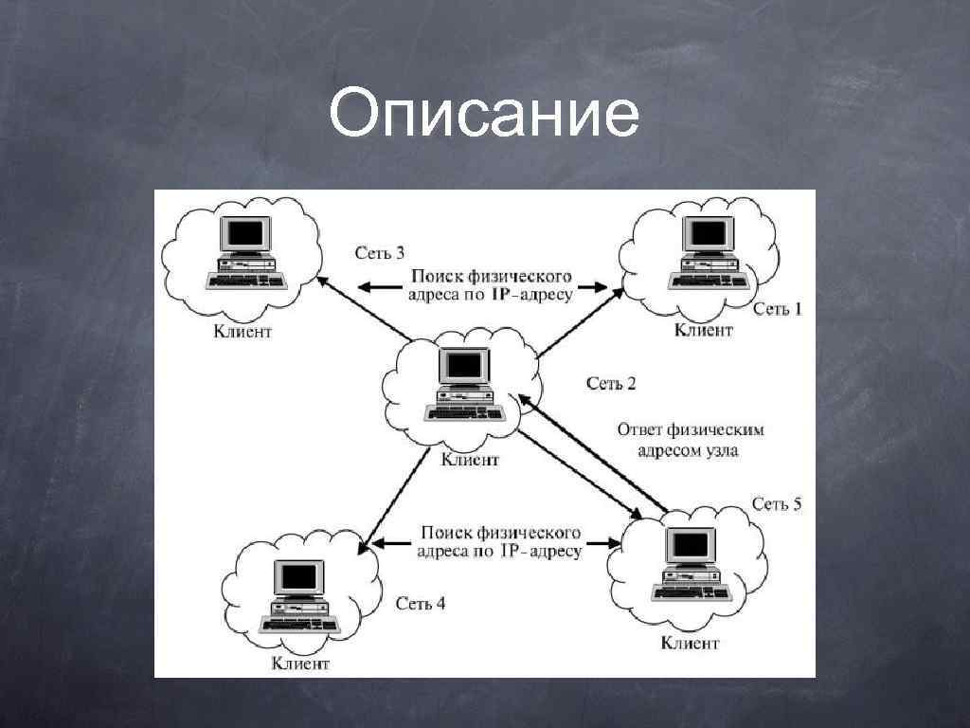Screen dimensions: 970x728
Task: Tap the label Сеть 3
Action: point(380,252)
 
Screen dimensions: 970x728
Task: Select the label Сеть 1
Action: point(778,309)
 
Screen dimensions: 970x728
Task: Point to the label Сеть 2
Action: point(611,383)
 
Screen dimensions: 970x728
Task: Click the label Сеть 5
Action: point(777,503)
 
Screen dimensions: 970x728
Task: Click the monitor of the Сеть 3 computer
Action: point(245,234)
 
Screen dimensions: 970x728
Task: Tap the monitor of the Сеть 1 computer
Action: point(708,234)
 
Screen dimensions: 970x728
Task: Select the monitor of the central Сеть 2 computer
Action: point(464,365)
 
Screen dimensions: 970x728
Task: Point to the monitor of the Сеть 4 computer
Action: point(298,577)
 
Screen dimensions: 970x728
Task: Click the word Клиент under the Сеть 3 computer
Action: point(242,331)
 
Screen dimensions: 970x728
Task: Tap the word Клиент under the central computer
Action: point(470,460)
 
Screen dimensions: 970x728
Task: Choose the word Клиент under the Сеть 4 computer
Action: point(300,664)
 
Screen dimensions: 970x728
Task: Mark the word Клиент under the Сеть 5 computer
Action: point(690,644)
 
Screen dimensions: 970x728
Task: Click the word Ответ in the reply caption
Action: point(639,429)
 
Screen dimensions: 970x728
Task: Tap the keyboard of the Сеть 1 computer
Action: point(710,281)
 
